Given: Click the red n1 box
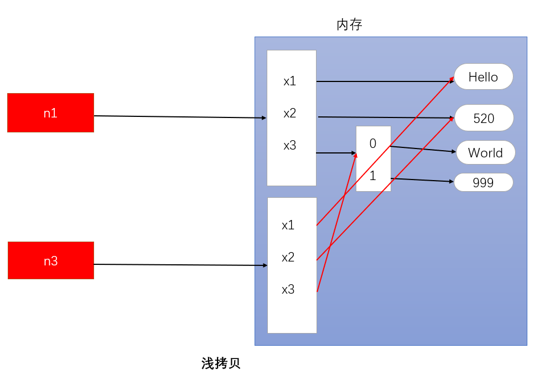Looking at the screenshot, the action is pyautogui.click(x=50, y=112).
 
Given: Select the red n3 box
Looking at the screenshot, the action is pyautogui.click(x=50, y=260).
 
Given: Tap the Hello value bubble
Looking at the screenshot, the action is pyautogui.click(x=483, y=77).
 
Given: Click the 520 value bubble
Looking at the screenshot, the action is pyautogui.click(x=484, y=118).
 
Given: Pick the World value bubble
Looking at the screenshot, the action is pyautogui.click(x=485, y=153).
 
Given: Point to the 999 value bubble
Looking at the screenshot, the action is pyautogui.click(x=483, y=182).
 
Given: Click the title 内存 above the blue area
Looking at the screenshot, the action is pyautogui.click(x=349, y=25).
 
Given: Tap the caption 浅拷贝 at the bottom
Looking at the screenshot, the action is pyautogui.click(x=221, y=363).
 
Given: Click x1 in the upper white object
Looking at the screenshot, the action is pyautogui.click(x=289, y=81).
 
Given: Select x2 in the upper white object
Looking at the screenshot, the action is pyautogui.click(x=289, y=113).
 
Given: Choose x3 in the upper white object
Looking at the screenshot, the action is pyautogui.click(x=289, y=145).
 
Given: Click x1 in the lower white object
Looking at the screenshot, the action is pyautogui.click(x=288, y=225).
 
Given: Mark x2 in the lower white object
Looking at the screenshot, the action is pyautogui.click(x=288, y=257).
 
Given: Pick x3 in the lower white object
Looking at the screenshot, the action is pyautogui.click(x=288, y=289).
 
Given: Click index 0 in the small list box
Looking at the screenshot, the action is pyautogui.click(x=372, y=144).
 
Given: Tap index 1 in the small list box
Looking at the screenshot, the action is pyautogui.click(x=372, y=176).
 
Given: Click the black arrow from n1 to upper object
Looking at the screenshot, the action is pyautogui.click(x=177, y=117).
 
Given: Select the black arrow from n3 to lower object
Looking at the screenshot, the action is pyautogui.click(x=177, y=265).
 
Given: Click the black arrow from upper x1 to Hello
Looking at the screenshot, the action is pyautogui.click(x=382, y=81).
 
